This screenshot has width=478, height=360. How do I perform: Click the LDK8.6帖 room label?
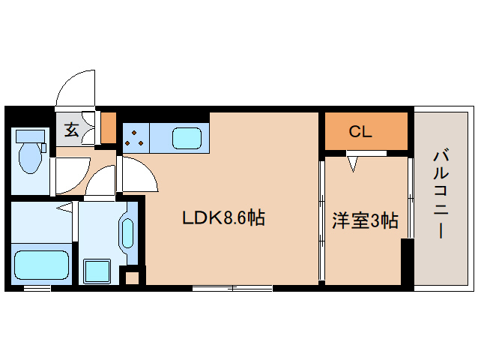click(x=223, y=217)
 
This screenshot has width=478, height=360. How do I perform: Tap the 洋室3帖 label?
click(x=365, y=220)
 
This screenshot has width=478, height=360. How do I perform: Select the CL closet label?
click(x=360, y=131)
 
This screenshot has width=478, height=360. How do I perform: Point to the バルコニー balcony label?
click(x=441, y=194)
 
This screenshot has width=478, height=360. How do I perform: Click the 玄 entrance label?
click(x=72, y=129)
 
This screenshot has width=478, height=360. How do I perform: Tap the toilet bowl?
click(x=30, y=157)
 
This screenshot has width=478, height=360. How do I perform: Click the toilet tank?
click(x=31, y=136)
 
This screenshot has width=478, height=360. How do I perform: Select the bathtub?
click(x=41, y=265)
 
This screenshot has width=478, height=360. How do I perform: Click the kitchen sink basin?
click(x=187, y=138)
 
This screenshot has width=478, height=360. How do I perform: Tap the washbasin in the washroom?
click(x=127, y=233)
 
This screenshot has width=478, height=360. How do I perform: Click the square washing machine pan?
click(x=97, y=271)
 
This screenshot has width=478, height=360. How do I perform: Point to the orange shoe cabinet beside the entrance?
click(x=109, y=127)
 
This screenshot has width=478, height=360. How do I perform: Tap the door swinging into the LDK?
click(x=138, y=174)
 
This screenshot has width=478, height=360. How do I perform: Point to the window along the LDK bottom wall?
click(x=232, y=288)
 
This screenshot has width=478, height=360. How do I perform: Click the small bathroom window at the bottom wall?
click(x=37, y=288)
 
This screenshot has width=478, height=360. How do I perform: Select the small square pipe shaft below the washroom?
click(x=133, y=278)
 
